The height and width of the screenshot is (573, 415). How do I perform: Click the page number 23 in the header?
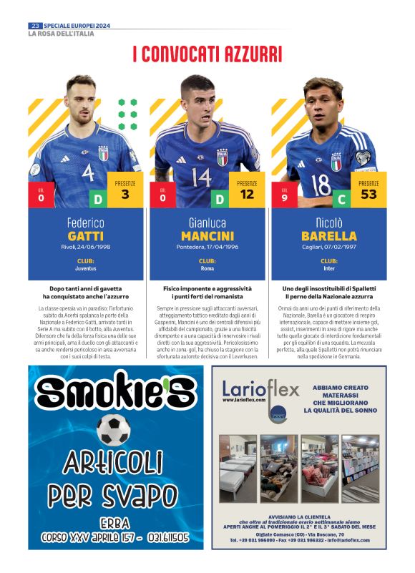34,26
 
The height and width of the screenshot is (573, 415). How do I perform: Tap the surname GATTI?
86,236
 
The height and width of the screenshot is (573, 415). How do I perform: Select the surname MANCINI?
207,236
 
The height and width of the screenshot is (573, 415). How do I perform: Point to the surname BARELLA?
329,236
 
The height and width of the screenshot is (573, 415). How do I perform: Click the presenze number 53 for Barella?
369,195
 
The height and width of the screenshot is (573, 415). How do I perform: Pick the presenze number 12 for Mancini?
247,195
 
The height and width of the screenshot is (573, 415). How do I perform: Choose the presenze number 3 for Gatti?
125,195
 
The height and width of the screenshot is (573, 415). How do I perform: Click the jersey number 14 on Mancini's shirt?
202,176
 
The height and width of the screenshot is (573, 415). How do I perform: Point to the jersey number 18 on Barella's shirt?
321,184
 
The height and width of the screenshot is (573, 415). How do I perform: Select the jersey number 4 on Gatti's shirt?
88,174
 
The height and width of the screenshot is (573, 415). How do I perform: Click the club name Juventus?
86,270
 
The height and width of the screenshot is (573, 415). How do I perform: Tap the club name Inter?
329,270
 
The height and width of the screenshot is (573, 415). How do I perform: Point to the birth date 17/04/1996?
222,248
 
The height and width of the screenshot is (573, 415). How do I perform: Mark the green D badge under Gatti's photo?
98,199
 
